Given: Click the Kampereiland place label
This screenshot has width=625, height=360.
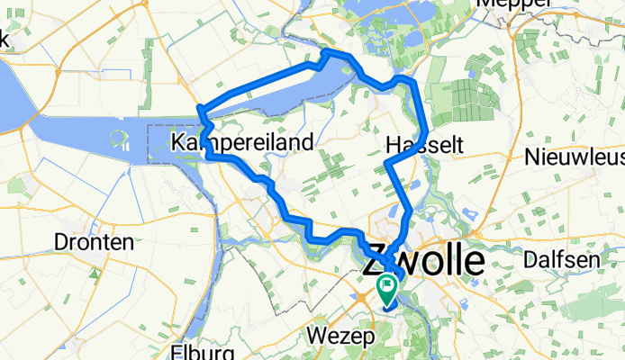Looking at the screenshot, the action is [241, 142].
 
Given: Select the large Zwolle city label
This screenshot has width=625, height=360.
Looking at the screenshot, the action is [422, 261].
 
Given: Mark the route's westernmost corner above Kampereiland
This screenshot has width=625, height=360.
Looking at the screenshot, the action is [200, 112].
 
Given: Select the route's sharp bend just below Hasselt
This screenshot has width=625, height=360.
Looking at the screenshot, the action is [387, 165].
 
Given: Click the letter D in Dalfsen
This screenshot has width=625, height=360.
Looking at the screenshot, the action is [532, 259].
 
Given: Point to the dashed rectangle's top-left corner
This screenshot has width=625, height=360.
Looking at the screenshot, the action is [149, 126].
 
